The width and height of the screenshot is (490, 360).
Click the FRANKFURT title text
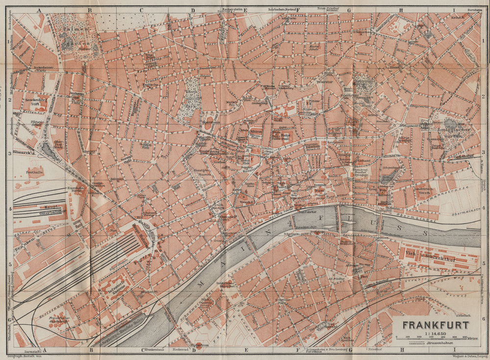(x=436, y=325)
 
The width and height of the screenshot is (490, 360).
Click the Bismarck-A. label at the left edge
(x=21, y=154)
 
